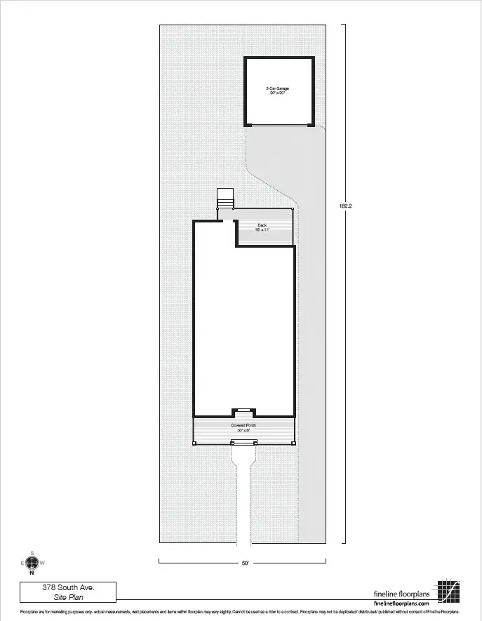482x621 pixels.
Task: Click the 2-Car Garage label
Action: pos(277,88)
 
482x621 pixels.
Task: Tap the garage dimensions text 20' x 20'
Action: pos(277,93)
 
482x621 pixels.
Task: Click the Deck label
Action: pos(262,225)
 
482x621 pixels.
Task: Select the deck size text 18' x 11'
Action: pos(262,229)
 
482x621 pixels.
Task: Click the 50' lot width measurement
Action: pos(244,563)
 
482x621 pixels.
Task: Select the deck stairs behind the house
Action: pos(225,199)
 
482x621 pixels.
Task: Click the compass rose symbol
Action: pos(32,563)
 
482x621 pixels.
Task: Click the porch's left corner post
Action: pos(194,443)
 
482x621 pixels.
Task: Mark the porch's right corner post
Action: pos(293,443)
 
